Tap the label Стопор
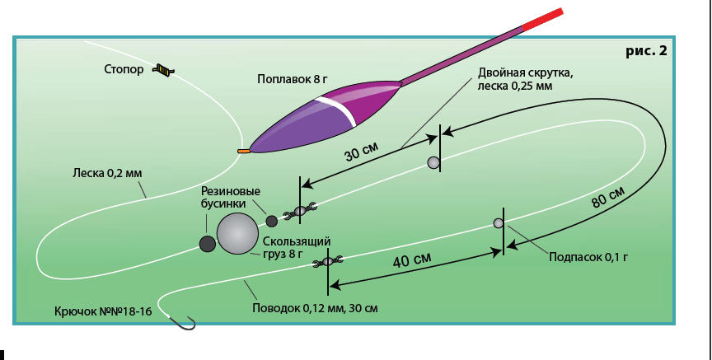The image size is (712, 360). [124, 70]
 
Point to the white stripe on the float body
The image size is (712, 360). [339, 110]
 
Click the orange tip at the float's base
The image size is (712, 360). [243, 152]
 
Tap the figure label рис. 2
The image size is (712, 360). [646, 50]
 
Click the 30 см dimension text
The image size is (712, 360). [359, 154]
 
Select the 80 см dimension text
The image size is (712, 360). [608, 199]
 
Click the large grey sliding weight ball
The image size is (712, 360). [237, 235]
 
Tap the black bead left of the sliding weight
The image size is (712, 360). [208, 244]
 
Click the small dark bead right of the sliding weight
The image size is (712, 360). [272, 221]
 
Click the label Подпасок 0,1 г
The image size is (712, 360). [588, 257]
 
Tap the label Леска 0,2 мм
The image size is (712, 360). [107, 174]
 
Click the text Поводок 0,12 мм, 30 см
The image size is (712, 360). [316, 309]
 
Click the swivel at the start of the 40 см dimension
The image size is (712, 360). [328, 262]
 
